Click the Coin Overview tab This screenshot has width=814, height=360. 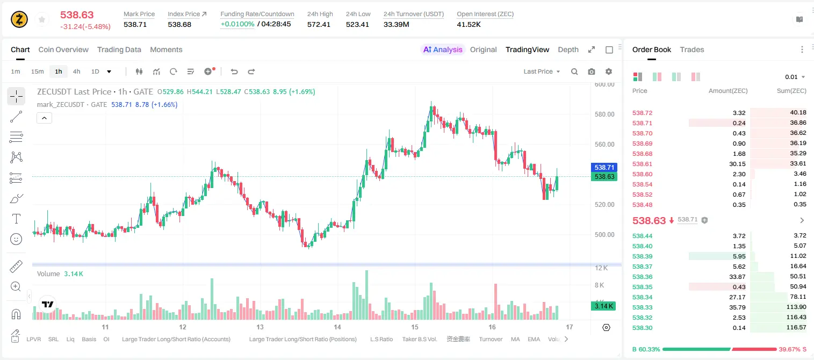click(x=63, y=49)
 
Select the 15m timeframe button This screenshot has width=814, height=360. click(x=38, y=71)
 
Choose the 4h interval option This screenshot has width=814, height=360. click(x=76, y=71)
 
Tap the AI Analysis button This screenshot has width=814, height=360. click(x=443, y=49)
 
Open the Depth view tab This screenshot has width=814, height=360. click(x=568, y=49)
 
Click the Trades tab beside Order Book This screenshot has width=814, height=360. click(x=692, y=49)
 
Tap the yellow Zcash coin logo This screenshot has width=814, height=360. click(x=19, y=19)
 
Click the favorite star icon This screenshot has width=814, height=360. click(x=42, y=19)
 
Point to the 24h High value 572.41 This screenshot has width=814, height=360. click(x=319, y=24)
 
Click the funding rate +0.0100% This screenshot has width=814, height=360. click(x=237, y=24)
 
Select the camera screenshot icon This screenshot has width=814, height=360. click(x=592, y=71)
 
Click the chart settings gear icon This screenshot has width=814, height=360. click(x=609, y=71)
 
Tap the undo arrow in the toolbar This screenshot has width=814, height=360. click(x=234, y=71)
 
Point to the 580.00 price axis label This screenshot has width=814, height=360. click(x=604, y=114)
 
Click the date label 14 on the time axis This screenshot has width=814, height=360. click(x=337, y=327)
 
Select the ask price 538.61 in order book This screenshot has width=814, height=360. click(x=642, y=164)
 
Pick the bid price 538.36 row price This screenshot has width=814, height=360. click(x=642, y=277)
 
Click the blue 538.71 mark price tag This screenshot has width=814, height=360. click(x=604, y=168)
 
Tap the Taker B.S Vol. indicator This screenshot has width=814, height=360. click(x=419, y=339)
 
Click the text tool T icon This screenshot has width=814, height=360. click(x=16, y=219)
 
